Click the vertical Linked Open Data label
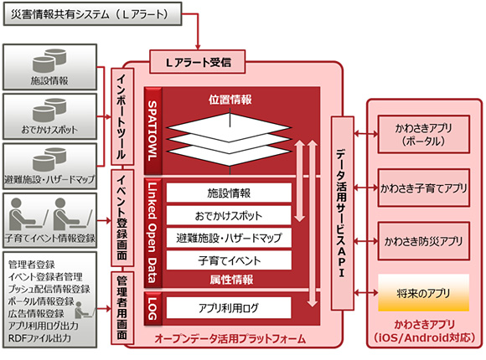tap(153, 230)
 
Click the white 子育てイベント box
tap(229, 260)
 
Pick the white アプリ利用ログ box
tap(229, 306)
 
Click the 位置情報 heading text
tap(230, 100)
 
